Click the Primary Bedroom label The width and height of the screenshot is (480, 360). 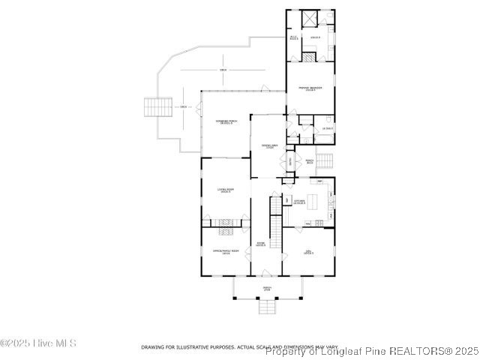click(310, 88)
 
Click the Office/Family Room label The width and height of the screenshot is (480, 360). click(225, 251)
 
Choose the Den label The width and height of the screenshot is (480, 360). click(308, 251)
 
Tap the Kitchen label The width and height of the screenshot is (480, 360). click(299, 202)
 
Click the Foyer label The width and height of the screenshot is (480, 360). click(261, 244)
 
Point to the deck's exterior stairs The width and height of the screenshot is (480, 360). click(158, 107)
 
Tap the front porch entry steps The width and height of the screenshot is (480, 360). click(267, 307)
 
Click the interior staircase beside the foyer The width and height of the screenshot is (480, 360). click(275, 214)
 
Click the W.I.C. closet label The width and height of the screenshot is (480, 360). click(293, 37)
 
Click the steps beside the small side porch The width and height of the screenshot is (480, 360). click(324, 160)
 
